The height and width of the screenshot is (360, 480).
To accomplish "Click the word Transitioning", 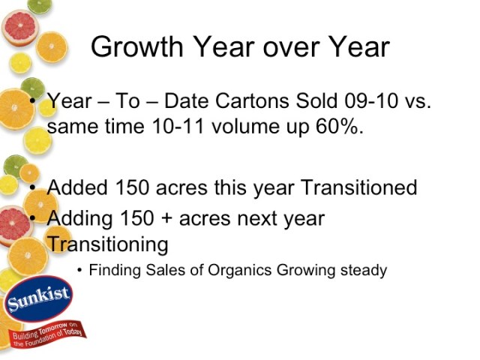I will point(107,244).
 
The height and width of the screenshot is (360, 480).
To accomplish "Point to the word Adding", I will point(79,219).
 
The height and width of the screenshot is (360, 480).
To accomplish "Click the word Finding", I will point(112,270).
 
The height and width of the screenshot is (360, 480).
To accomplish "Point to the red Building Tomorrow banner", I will point(46,330).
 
